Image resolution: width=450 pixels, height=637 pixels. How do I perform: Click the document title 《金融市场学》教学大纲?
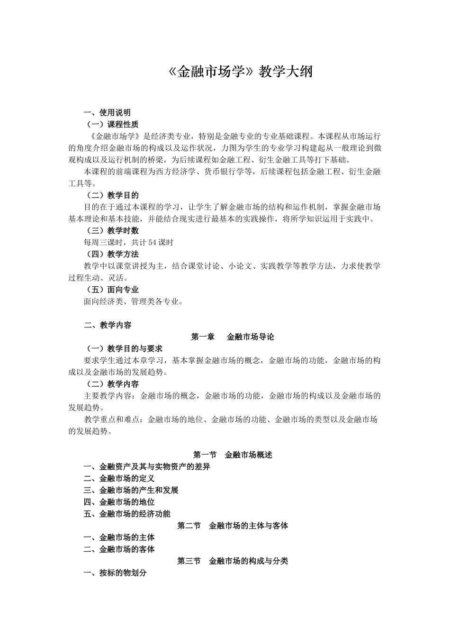point(240,72)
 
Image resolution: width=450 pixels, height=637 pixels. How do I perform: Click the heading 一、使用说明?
point(107,112)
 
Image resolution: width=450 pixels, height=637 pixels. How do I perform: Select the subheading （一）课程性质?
point(112,124)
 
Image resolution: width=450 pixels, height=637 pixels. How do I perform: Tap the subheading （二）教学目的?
point(112,195)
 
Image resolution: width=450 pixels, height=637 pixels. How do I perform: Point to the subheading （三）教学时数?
point(112,230)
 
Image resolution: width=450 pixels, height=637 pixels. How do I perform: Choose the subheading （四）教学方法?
point(112,254)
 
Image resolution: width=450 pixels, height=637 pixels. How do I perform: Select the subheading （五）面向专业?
point(112,289)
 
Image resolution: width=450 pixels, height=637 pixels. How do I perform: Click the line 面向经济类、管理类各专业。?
point(134,301)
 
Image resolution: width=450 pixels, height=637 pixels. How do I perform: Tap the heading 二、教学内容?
point(107,325)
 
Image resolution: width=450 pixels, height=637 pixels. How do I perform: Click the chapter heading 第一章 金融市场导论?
point(233,337)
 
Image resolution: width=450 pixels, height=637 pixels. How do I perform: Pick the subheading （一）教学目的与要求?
point(123,348)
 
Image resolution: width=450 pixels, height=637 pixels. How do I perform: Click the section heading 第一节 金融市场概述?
point(233,455)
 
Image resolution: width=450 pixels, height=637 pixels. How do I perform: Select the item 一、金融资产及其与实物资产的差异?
point(147,466)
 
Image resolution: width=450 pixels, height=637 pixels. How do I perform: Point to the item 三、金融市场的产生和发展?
point(131,490)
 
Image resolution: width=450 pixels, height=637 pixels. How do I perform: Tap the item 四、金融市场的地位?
point(119,502)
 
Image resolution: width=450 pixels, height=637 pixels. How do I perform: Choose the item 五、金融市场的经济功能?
point(127,514)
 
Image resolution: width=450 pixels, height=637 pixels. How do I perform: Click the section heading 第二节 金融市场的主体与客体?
point(233,526)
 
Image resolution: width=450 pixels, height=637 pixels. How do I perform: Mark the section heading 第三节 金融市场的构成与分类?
point(233,561)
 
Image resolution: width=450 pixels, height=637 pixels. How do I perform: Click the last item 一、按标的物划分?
point(115,573)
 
